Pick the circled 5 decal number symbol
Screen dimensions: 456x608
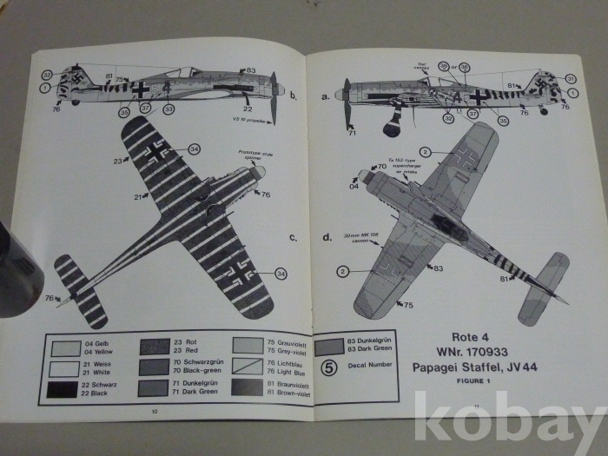328,368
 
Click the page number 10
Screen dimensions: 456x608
154,410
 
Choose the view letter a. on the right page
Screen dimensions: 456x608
326,96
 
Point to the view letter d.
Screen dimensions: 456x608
327,236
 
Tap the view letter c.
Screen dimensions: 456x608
294,236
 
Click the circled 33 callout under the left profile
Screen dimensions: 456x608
169,109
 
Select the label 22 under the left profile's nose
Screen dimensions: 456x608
248,108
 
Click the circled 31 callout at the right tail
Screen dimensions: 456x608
570,77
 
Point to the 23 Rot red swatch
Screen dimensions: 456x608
156,348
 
